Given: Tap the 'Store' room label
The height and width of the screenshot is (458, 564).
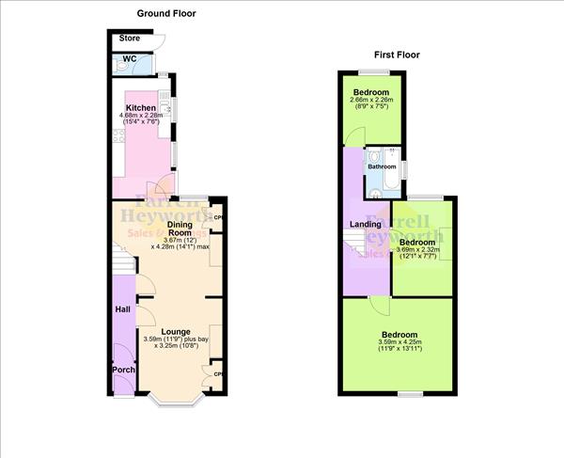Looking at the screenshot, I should (x=129, y=39).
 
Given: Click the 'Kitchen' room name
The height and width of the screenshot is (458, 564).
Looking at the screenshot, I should (x=141, y=109).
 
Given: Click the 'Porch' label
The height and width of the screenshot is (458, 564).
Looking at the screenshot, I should (x=123, y=370).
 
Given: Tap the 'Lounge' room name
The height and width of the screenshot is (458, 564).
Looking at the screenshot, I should (x=176, y=331).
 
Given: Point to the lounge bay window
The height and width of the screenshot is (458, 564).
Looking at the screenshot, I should (x=177, y=402).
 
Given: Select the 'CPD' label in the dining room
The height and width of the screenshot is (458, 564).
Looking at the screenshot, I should (x=217, y=219).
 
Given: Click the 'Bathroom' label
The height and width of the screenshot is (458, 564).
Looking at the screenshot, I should (x=382, y=167).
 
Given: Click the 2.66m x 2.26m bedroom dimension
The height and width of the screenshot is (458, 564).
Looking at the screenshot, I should (x=371, y=101).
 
